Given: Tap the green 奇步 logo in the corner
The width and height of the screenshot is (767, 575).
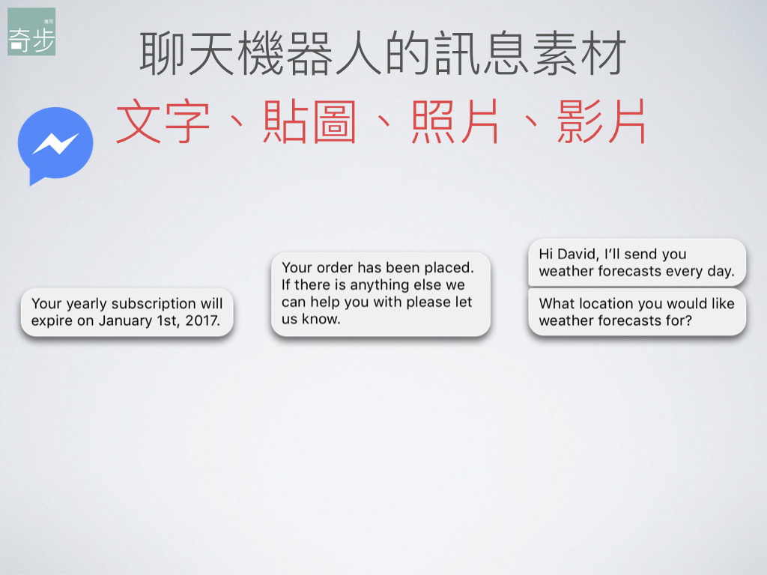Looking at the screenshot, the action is coord(31,31).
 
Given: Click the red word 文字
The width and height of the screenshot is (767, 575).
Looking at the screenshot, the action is coord(163,121).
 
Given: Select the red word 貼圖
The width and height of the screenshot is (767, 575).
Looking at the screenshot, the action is coord(309,121).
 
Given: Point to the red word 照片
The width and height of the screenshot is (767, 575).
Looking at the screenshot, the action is coord(455,121).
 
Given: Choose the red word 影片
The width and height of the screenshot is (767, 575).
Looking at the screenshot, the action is coord(601,121).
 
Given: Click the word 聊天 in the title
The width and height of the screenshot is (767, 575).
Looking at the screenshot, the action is coord(187,53).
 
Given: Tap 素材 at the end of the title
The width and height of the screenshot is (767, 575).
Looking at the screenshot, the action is coord(579,53).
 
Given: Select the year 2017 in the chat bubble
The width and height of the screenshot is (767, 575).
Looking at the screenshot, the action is coord(202,320).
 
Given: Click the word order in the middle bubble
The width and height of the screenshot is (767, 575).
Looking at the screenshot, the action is coord(335,267).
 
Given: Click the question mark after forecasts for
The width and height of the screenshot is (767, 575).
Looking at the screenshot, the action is coord(688,320).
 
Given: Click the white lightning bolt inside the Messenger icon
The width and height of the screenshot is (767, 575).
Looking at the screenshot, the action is coord(55,144).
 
